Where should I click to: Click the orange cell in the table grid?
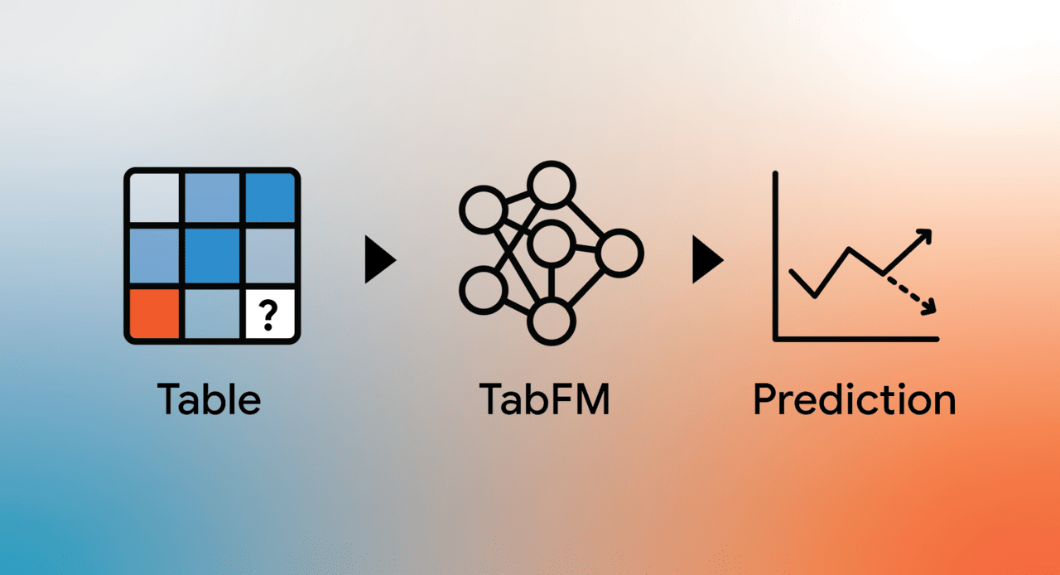154,313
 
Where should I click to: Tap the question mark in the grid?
268,315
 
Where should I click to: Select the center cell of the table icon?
212,256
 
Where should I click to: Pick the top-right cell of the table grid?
270,197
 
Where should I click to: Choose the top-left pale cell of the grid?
154,197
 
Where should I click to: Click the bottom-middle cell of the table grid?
212,313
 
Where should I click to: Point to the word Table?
209,399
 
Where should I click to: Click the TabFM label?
545,399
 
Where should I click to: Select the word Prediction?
855,399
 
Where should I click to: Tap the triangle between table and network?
380,259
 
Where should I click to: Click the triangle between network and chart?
708,259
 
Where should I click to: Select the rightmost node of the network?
619,230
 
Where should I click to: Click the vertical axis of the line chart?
775,255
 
